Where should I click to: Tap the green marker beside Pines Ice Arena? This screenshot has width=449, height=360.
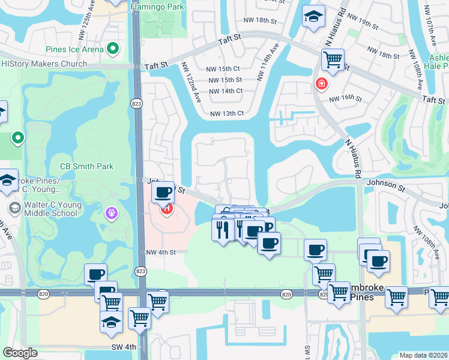point(112,49)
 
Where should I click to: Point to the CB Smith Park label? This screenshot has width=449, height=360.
point(86,166)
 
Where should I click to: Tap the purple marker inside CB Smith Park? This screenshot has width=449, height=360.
point(110,212)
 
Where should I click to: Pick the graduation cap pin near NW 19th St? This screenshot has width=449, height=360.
point(312,17)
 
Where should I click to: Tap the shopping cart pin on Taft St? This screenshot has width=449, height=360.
point(332,59)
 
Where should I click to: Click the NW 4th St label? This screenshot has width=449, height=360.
point(160,252)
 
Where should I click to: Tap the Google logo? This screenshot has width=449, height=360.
point(20,353)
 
